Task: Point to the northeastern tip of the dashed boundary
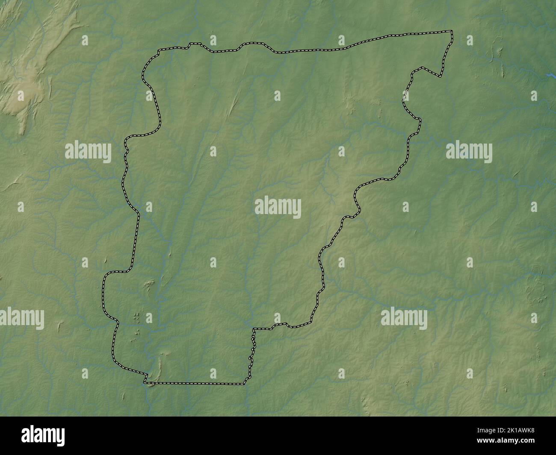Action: pos(452,31)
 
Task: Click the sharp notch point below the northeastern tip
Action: pos(440,77)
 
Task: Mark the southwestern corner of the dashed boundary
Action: pos(145,382)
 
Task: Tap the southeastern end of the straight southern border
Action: pos(244,384)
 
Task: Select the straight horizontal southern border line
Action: pos(195,383)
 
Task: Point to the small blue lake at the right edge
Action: pos(550,75)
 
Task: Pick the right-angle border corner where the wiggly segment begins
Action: pos(254,329)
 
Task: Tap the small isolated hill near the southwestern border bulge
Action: pos(150,282)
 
